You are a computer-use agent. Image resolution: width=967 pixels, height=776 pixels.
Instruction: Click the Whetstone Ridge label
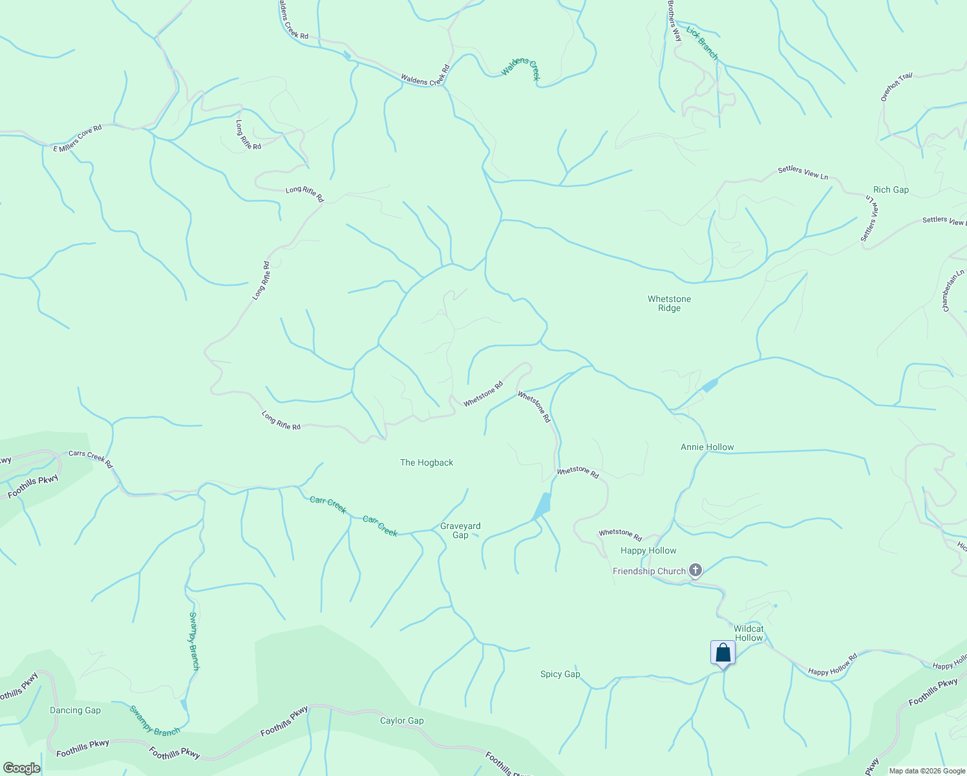point(669,303)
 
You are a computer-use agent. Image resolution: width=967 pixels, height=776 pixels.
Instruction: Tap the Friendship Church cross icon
point(695,570)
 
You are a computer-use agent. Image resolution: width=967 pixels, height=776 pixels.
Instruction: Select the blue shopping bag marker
point(723,653)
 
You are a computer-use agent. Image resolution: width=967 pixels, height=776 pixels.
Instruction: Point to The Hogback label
point(427,462)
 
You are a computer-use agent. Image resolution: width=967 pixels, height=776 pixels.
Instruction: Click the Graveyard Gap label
point(460,530)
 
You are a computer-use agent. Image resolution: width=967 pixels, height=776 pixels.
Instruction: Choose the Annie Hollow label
point(707,447)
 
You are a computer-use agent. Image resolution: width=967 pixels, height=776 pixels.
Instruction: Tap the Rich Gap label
point(891,189)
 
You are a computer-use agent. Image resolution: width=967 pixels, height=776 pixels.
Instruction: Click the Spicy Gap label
point(560,674)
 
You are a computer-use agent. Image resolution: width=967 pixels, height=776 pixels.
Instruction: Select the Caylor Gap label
point(401,720)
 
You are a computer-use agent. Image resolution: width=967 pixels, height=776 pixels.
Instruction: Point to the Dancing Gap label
point(75,710)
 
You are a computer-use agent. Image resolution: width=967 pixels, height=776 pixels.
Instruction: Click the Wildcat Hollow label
point(749,633)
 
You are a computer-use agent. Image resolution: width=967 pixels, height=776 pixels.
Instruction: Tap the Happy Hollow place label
point(648,550)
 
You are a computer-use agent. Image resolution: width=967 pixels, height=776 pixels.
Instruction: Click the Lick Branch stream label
point(702,43)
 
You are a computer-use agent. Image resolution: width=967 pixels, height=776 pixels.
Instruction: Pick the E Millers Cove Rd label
point(78,138)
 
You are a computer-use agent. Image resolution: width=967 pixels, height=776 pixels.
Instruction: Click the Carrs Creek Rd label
point(90,459)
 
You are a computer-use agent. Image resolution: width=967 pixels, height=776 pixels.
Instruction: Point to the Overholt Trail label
point(897,87)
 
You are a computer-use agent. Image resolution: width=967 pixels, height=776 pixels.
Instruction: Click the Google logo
point(21,768)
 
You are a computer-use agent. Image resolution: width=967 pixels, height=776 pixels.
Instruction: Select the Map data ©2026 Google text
point(927,771)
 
